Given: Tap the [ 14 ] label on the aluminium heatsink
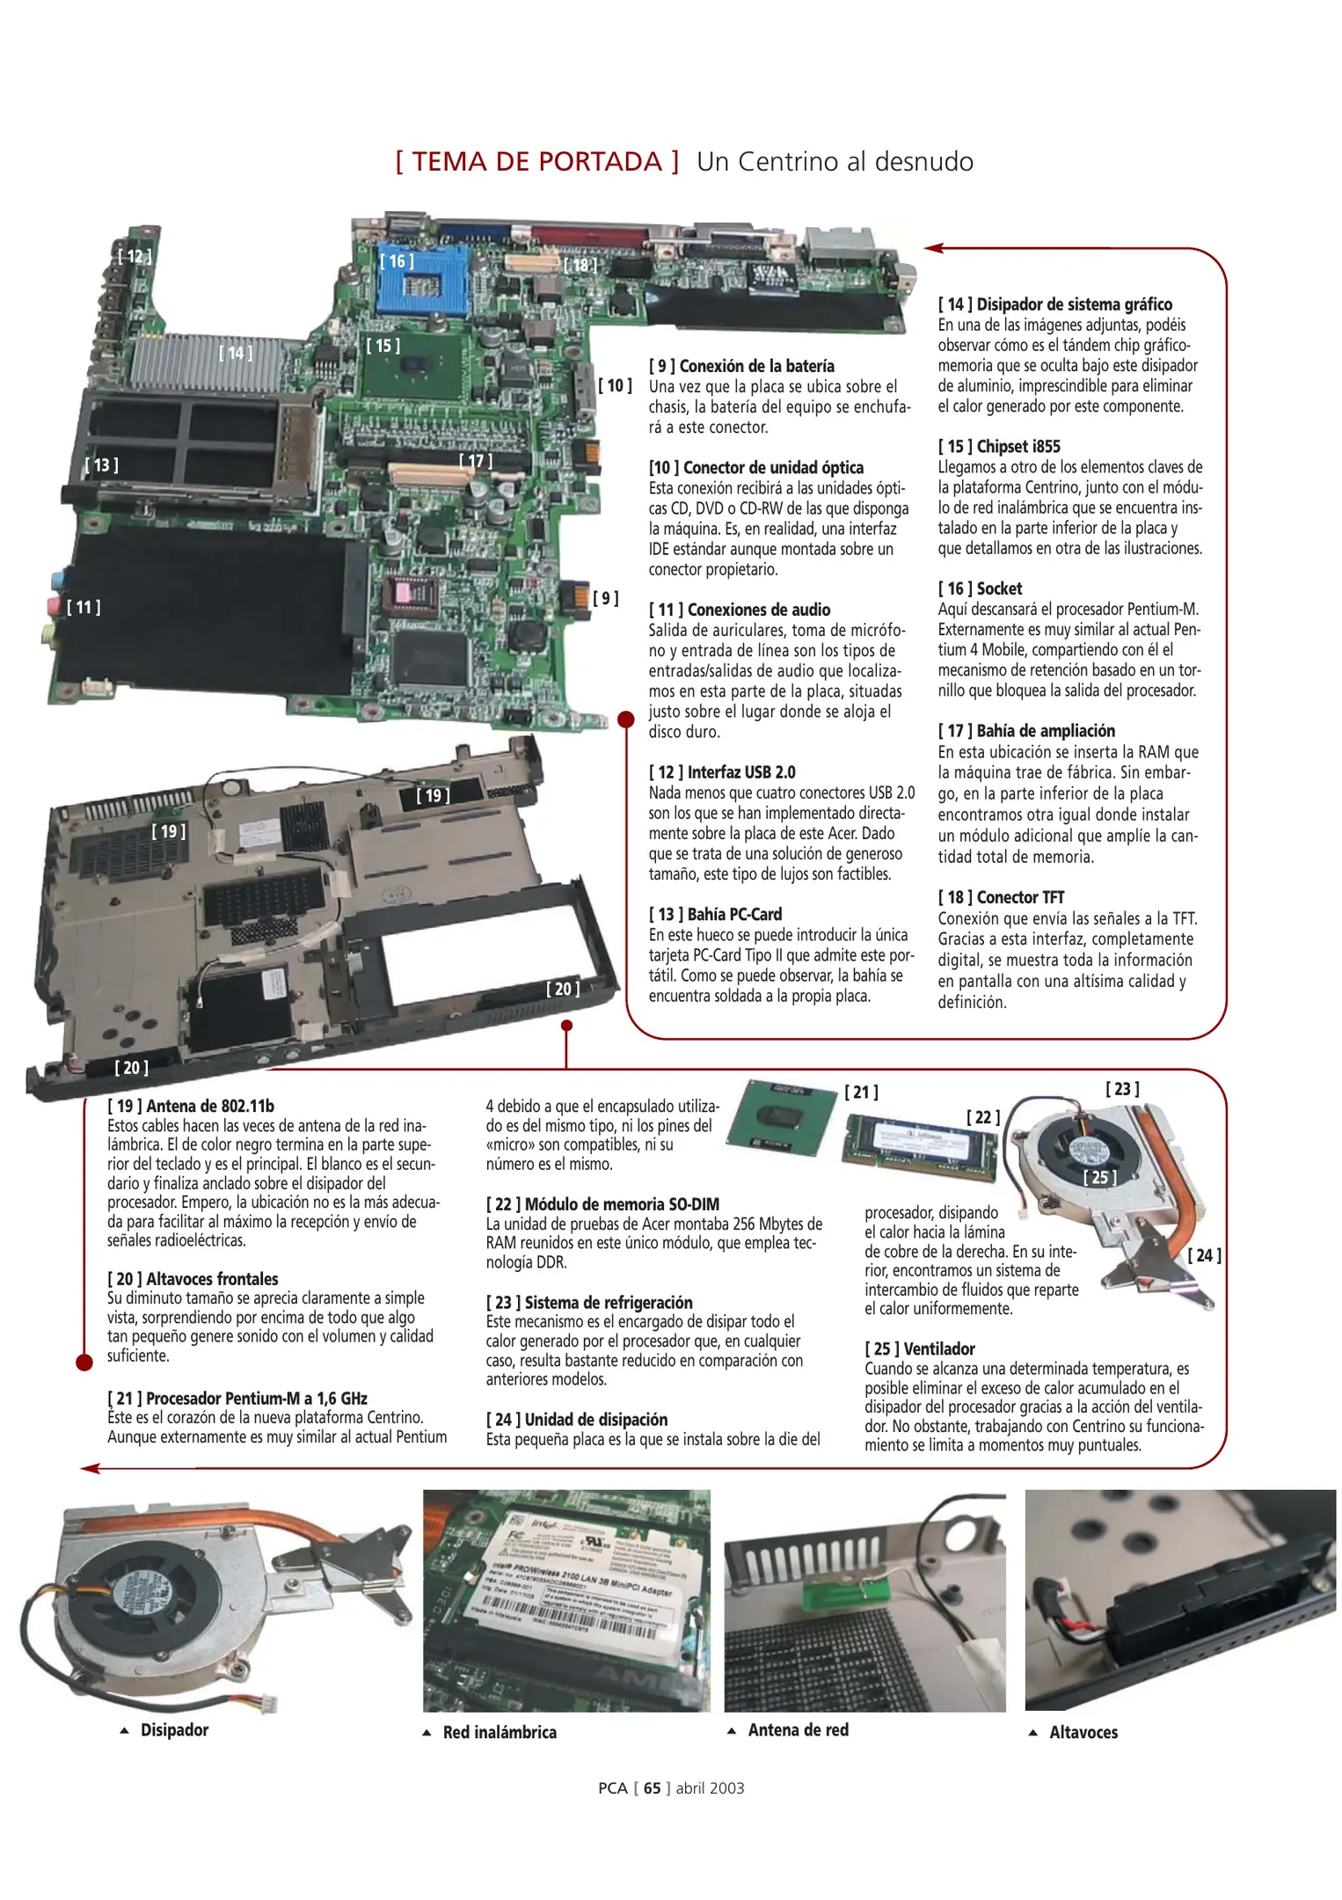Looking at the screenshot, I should (235, 354).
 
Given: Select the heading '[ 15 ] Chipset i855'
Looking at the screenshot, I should (999, 446).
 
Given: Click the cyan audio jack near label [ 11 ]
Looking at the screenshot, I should (56, 581).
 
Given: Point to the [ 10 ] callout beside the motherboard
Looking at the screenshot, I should (615, 385).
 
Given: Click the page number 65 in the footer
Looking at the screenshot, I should (652, 1787).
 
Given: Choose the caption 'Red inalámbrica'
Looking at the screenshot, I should (499, 1732).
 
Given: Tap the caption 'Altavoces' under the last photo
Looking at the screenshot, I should (1083, 1732).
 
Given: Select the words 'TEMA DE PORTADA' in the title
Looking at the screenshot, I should (536, 162).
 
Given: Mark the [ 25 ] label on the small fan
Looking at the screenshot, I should (1099, 1177).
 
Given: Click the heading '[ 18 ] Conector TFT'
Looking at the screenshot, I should (1001, 897).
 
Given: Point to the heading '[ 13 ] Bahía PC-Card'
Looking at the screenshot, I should (715, 914).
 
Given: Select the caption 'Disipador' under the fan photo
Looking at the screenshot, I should (174, 1729).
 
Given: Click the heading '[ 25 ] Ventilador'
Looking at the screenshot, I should (920, 1348).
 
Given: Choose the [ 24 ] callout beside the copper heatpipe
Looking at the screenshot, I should (1204, 1255).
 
